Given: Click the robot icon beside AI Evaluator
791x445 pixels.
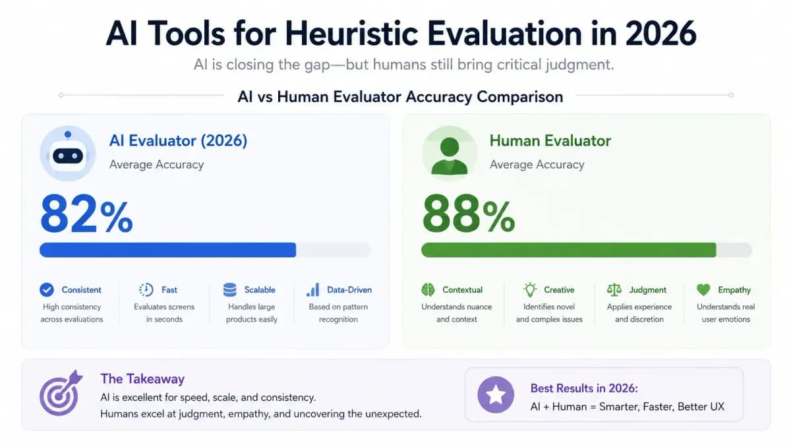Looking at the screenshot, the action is pyautogui.click(x=67, y=154).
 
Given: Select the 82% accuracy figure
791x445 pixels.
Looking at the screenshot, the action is pyautogui.click(x=86, y=214).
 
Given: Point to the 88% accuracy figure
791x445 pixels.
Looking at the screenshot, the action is pyautogui.click(x=469, y=214).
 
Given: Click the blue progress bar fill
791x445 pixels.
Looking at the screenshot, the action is pyautogui.click(x=167, y=250).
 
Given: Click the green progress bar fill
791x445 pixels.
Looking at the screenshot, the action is pyautogui.click(x=568, y=250).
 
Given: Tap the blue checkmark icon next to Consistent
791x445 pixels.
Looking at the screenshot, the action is pyautogui.click(x=47, y=290).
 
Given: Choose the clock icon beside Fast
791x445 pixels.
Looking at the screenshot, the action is pyautogui.click(x=146, y=290).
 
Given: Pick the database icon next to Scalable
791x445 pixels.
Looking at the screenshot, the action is pyautogui.click(x=230, y=290).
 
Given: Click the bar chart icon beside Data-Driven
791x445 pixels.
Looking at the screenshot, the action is pyautogui.click(x=313, y=290).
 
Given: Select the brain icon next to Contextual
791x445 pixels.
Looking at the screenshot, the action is pyautogui.click(x=428, y=290).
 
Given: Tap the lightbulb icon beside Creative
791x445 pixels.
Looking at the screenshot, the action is pyautogui.click(x=530, y=290).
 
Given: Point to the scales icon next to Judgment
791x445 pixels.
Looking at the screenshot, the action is pyautogui.click(x=614, y=290).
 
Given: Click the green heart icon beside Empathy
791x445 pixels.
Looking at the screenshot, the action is pyautogui.click(x=703, y=290).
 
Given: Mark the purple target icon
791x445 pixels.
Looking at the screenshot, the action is pyautogui.click(x=61, y=393).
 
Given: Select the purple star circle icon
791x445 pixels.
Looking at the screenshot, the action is pyautogui.click(x=496, y=395).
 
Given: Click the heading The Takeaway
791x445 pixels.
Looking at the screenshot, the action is pyautogui.click(x=142, y=379).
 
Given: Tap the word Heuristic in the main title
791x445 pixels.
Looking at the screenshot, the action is pyautogui.click(x=352, y=34).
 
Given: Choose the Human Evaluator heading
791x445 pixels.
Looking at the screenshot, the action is pyautogui.click(x=550, y=140).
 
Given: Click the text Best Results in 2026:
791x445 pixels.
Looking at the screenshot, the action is pyautogui.click(x=584, y=388).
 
